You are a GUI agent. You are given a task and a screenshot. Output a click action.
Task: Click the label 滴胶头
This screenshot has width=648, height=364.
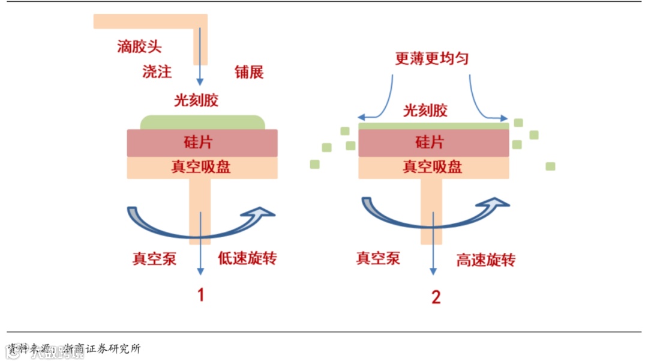(x=139, y=46)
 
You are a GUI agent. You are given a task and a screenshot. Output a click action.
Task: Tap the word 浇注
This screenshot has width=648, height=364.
(x=157, y=71)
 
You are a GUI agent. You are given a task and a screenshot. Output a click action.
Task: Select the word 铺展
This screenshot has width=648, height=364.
(x=249, y=72)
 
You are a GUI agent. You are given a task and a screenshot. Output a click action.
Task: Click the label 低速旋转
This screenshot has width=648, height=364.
(x=247, y=259)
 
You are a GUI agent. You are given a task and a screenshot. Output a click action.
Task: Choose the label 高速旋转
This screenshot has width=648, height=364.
(x=485, y=260)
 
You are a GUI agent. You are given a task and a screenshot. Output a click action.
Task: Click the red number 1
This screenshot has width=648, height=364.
(x=202, y=295)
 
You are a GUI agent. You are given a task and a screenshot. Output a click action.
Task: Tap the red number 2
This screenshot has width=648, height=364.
(x=436, y=297)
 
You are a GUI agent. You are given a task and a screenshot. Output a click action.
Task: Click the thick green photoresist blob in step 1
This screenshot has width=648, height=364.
(x=202, y=123)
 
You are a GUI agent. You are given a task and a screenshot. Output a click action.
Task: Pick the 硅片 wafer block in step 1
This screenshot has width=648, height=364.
(x=202, y=142)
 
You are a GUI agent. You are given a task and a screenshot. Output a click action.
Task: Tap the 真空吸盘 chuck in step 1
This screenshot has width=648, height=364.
(x=202, y=167)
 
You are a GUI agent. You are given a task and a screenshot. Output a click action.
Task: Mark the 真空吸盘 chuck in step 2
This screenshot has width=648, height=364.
(x=433, y=167)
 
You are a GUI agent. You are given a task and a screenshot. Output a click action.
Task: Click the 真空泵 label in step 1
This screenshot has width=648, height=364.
(x=154, y=259)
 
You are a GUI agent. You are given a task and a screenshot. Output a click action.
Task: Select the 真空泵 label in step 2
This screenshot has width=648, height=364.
(x=378, y=259)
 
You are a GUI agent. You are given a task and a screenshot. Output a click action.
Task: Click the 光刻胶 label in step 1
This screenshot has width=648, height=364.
(x=196, y=100)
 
